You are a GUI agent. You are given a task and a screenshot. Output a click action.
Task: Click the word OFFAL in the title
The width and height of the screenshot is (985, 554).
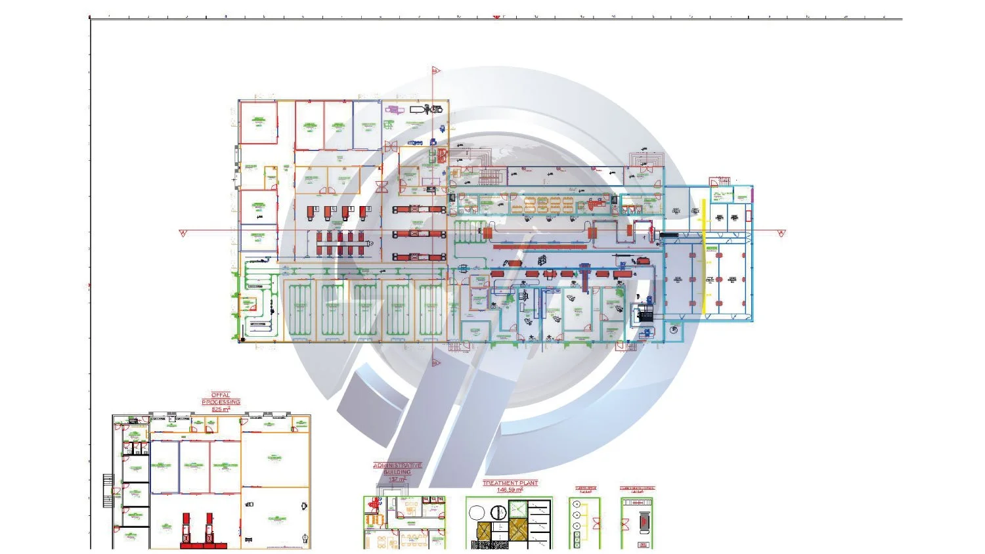pyautogui.click(x=221, y=395)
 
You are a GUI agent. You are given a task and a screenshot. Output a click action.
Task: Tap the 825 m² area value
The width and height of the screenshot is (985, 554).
pyautogui.click(x=221, y=409)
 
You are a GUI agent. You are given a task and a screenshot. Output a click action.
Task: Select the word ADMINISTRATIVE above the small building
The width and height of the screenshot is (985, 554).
pyautogui.click(x=397, y=465)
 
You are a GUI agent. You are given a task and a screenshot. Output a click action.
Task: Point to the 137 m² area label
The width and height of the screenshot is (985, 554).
pyautogui.click(x=397, y=479)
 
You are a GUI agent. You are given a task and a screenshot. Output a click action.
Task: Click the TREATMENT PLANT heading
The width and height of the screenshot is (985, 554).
pyautogui.click(x=510, y=483)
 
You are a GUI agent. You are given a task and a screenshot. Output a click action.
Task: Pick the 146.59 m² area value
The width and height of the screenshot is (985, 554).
pyautogui.click(x=510, y=490)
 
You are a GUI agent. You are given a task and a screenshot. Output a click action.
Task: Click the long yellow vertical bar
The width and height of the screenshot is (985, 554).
pyautogui.click(x=703, y=256)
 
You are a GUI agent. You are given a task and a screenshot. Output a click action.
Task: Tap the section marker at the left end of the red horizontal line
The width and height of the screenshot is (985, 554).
pyautogui.click(x=183, y=233)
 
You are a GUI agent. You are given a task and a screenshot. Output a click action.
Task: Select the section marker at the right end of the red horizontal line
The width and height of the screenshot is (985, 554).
pyautogui.click(x=781, y=233)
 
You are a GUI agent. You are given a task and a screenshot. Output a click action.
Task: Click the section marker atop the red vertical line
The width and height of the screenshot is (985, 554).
pyautogui.click(x=435, y=70)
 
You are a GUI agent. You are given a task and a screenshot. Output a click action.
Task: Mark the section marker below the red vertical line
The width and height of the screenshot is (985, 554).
pyautogui.click(x=435, y=362)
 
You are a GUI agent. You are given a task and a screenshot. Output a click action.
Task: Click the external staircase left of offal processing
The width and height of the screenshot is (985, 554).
pyautogui.click(x=108, y=491)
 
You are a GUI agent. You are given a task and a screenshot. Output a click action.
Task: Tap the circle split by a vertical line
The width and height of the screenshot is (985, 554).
pyautogui.click(x=500, y=511)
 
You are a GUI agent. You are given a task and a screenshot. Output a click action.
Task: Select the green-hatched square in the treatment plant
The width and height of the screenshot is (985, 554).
pyautogui.click(x=518, y=509)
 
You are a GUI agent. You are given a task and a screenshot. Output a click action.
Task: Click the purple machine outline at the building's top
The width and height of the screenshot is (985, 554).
pyautogui.click(x=393, y=109)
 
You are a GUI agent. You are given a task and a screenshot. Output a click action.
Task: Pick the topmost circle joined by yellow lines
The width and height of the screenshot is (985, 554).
pyautogui.click(x=577, y=505)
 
